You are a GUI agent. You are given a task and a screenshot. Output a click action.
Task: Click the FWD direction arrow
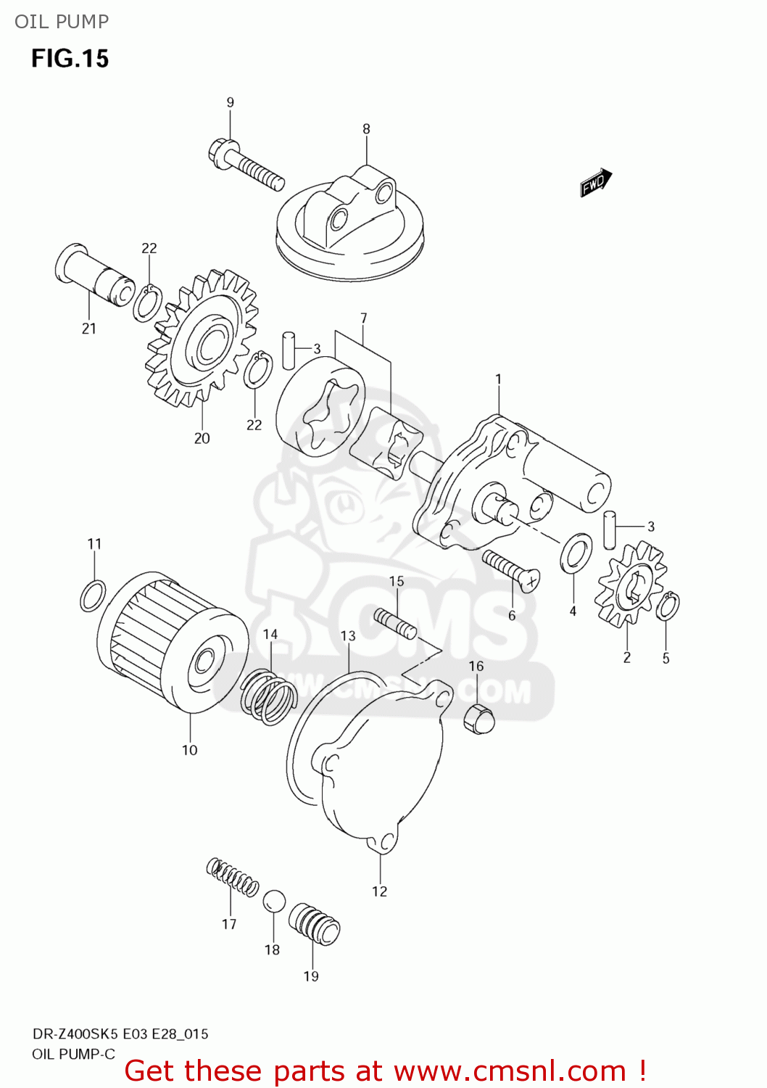click(x=596, y=183)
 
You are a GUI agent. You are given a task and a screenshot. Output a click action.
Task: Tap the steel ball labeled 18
click(x=274, y=902)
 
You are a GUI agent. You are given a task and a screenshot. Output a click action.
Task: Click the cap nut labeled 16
click(x=478, y=717)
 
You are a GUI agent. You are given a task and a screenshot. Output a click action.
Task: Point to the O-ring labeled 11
click(x=93, y=595)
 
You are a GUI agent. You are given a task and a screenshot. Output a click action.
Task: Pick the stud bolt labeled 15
click(x=395, y=623)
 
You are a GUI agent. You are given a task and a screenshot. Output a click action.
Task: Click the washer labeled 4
click(x=576, y=553)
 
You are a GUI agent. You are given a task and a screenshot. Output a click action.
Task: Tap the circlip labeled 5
click(x=668, y=606)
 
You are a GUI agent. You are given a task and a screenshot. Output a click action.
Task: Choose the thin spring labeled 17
click(x=232, y=876)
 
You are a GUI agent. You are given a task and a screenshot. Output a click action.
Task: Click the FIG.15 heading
click(x=70, y=58)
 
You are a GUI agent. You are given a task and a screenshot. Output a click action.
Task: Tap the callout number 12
click(x=380, y=891)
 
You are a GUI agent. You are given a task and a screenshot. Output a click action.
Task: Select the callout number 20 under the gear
click(x=202, y=438)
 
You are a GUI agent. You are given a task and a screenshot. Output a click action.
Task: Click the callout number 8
click(x=366, y=128)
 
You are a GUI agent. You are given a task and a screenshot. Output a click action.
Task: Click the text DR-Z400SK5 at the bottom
click(x=75, y=1034)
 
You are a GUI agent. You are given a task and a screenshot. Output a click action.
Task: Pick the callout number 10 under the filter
click(x=189, y=750)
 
